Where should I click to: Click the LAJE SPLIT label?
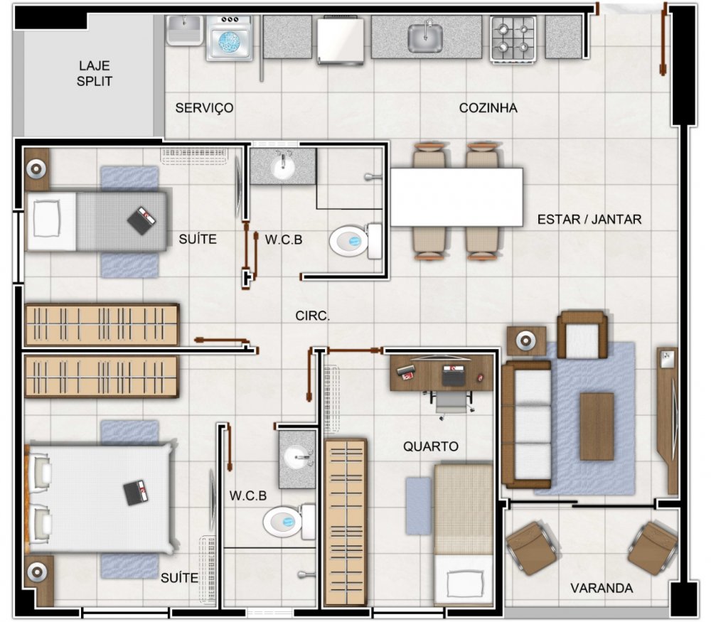point(95,73)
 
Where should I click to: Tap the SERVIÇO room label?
point(205,108)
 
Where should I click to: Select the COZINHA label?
point(488,108)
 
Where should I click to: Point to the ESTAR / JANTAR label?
point(589,220)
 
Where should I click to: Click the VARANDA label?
point(602,588)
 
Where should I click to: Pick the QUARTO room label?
point(431,446)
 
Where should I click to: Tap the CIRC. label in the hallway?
point(312,316)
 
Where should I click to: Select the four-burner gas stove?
point(513,38)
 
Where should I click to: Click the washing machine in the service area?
point(230,38)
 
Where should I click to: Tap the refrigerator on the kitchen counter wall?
point(341,40)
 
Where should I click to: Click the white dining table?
point(456,197)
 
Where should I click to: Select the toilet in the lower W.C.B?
point(289,521)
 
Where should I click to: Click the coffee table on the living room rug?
point(597,427)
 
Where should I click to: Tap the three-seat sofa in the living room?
point(526,424)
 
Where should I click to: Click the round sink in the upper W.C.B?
point(283,167)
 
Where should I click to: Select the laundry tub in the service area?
point(184,30)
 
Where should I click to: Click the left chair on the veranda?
point(531,548)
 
